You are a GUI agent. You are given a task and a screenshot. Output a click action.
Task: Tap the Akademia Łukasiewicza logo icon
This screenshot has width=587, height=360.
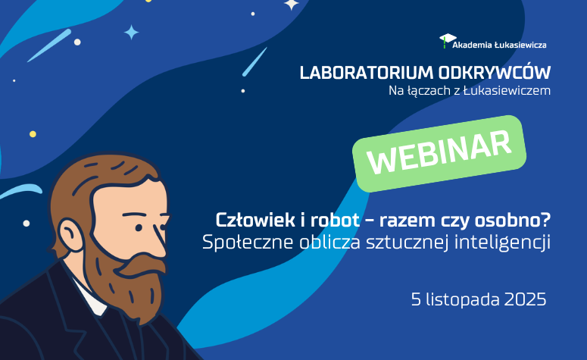click(x=448, y=39)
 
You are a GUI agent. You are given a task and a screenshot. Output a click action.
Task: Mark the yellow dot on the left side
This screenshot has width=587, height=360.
click(x=33, y=134)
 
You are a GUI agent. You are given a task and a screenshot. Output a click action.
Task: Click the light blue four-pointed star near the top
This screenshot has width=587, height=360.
click(x=132, y=32)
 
